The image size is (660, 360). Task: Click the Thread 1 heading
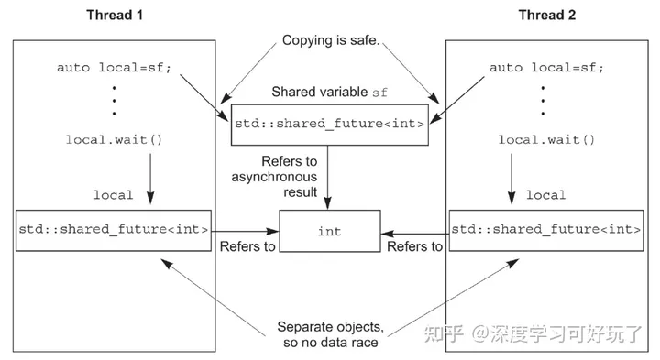[x=115, y=15]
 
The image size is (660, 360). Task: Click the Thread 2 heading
[x=548, y=15]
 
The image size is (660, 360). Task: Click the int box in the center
[x=329, y=231]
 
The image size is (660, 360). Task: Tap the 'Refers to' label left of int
[x=246, y=246]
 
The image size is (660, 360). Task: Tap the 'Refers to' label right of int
[x=414, y=246]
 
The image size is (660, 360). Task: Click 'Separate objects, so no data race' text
[x=330, y=336]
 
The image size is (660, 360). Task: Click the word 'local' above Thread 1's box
[x=114, y=195]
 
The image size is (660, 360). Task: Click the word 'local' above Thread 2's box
[x=546, y=195]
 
